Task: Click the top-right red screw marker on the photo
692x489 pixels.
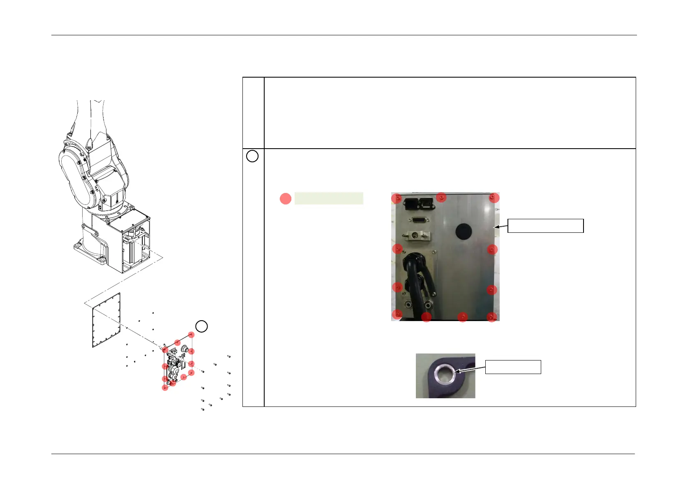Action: pos(494,198)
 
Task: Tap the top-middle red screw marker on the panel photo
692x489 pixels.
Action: pos(441,197)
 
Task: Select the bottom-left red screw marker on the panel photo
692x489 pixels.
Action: pos(397,315)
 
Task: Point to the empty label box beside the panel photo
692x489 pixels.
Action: pos(545,226)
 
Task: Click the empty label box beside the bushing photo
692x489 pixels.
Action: pos(513,367)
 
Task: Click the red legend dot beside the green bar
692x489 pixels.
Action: pos(286,199)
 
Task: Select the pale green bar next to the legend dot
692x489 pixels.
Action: pos(329,198)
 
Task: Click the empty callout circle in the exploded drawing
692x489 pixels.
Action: pos(201,326)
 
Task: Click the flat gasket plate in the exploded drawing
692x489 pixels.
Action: pos(106,320)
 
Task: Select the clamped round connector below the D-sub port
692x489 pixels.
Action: pos(416,236)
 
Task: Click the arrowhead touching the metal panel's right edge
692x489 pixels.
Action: pos(496,226)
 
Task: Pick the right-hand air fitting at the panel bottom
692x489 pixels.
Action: pos(429,305)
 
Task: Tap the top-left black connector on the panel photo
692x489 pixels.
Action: pos(409,203)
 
